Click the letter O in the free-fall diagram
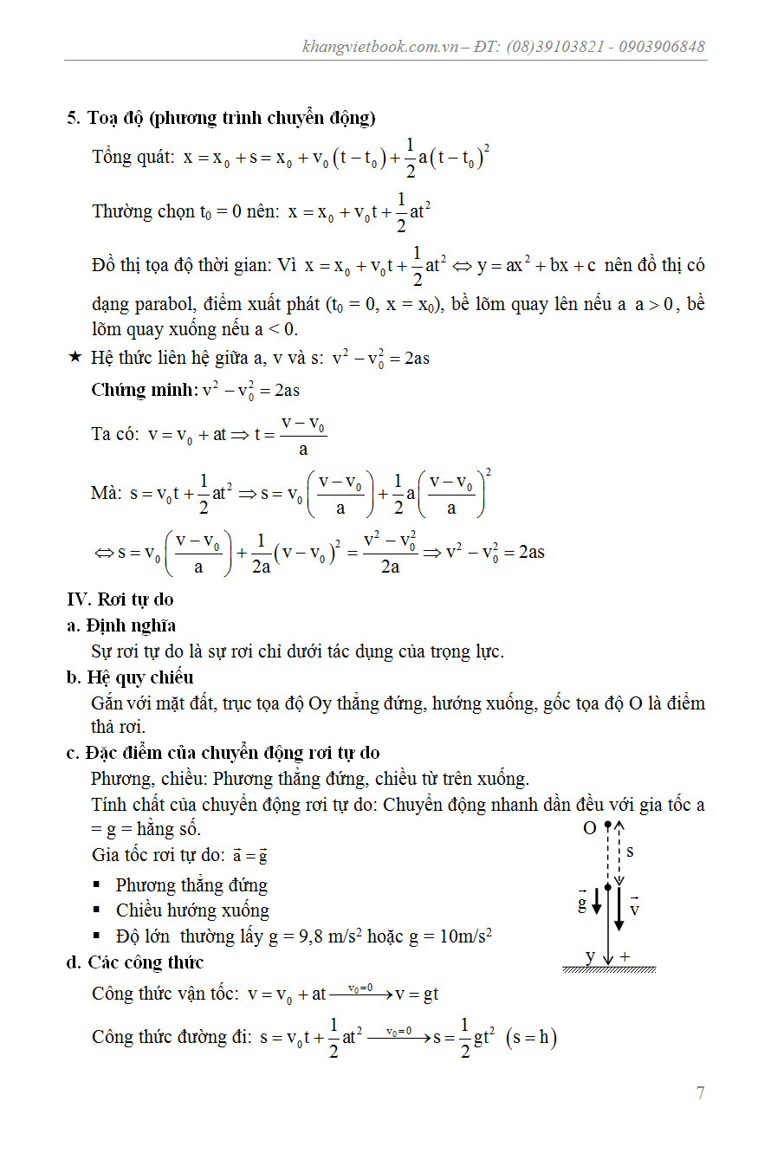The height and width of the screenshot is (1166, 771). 590,828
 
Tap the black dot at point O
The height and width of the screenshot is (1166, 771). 608,824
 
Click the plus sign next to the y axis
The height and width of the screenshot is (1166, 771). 625,957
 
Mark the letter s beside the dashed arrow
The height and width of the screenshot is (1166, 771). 630,852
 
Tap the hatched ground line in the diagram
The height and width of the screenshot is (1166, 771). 609,969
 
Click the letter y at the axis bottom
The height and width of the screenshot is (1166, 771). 590,956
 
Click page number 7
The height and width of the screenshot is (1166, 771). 700,1092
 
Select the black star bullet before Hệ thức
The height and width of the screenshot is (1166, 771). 75,357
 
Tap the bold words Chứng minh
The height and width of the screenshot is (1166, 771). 144,390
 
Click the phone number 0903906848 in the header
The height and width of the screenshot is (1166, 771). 661,47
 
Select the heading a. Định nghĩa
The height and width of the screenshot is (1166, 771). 121,625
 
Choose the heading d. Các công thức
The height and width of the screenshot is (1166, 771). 135,962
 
